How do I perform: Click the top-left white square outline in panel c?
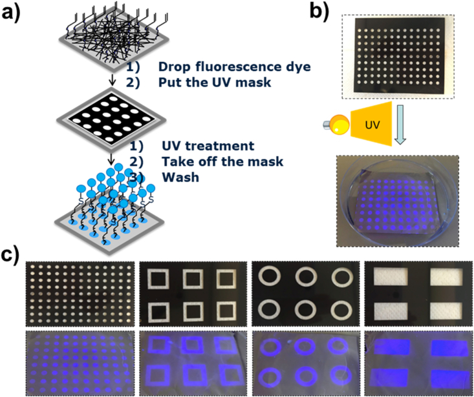click(x=159, y=279)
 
